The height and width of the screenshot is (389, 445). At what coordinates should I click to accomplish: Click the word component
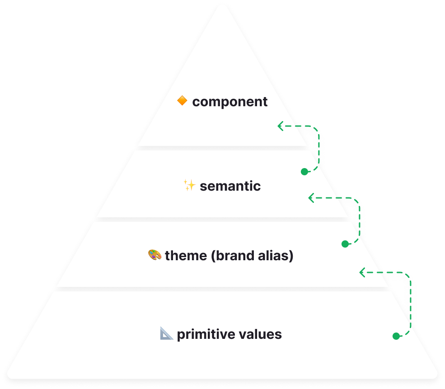[230, 102]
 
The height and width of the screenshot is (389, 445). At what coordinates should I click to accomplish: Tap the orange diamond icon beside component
[182, 101]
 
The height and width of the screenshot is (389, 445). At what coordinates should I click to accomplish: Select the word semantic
[230, 186]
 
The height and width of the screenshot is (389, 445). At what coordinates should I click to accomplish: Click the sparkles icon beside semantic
[189, 185]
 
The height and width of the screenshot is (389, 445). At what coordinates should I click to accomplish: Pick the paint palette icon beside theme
[155, 255]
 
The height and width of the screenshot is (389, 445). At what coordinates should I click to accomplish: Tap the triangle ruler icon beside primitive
[167, 334]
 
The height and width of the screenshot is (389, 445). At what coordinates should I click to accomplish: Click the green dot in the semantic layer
[304, 172]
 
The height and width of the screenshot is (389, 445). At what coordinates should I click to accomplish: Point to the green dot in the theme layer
[345, 244]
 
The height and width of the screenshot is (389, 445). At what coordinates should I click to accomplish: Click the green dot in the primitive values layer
[396, 336]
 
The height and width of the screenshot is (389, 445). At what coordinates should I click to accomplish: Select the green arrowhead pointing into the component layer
[281, 126]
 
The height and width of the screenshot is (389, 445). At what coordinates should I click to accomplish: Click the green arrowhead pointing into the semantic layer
[311, 197]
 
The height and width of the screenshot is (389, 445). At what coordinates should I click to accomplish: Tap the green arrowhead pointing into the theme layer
[362, 272]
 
